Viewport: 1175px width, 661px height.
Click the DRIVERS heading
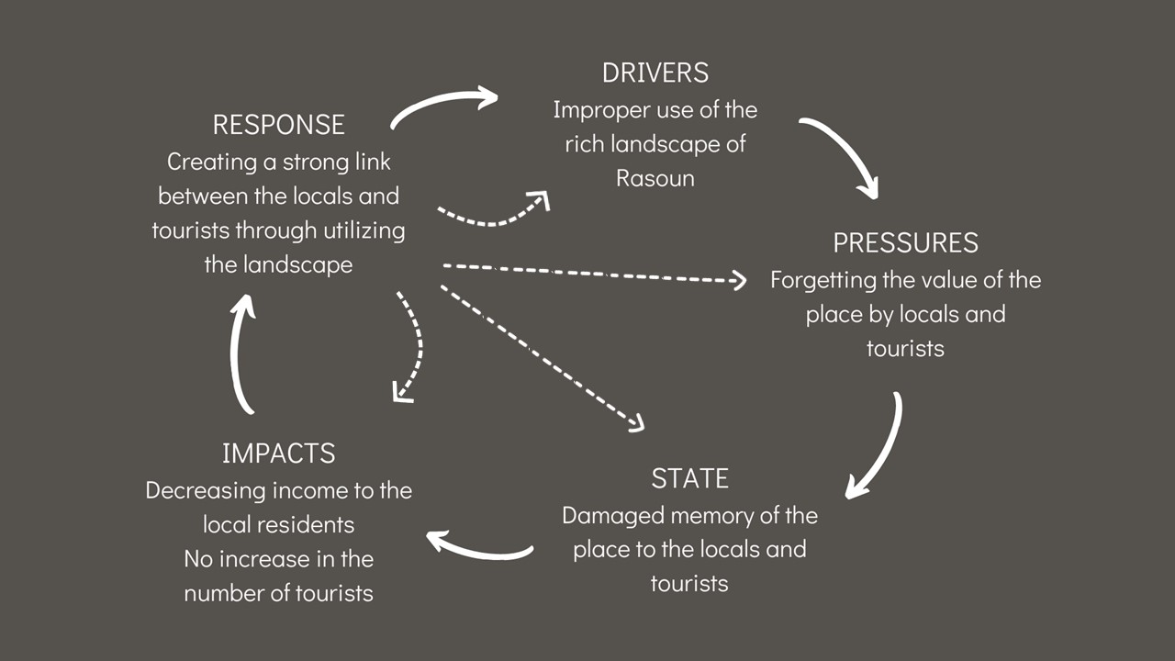click(x=655, y=73)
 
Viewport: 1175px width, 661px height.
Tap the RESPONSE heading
click(x=278, y=125)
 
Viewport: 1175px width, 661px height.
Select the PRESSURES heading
click(x=905, y=243)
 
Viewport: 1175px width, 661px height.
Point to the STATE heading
click(x=689, y=478)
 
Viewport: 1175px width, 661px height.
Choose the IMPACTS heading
click(x=278, y=454)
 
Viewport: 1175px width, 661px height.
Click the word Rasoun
click(x=655, y=178)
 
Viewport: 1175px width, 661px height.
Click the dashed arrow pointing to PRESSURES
click(x=593, y=273)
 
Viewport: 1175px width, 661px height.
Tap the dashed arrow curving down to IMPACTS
click(x=418, y=346)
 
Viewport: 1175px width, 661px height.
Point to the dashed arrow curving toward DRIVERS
click(x=493, y=223)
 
